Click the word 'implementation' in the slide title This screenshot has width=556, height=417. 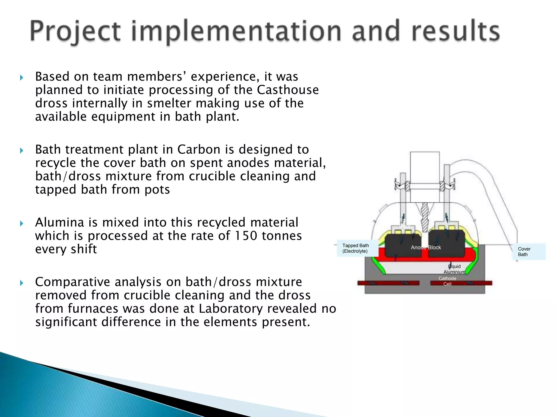point(236,31)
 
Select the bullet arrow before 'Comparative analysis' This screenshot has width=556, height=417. point(22,283)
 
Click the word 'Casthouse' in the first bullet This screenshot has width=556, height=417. point(288,90)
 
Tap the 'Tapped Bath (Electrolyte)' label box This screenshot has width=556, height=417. point(357,248)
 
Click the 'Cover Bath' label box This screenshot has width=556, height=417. point(528,252)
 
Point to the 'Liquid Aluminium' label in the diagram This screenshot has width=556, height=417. point(454,269)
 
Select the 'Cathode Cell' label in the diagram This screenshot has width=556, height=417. point(447,281)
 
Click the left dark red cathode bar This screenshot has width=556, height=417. point(388,283)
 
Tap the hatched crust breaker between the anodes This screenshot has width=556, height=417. point(424,217)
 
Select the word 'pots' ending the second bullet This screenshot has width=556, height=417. point(157,189)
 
